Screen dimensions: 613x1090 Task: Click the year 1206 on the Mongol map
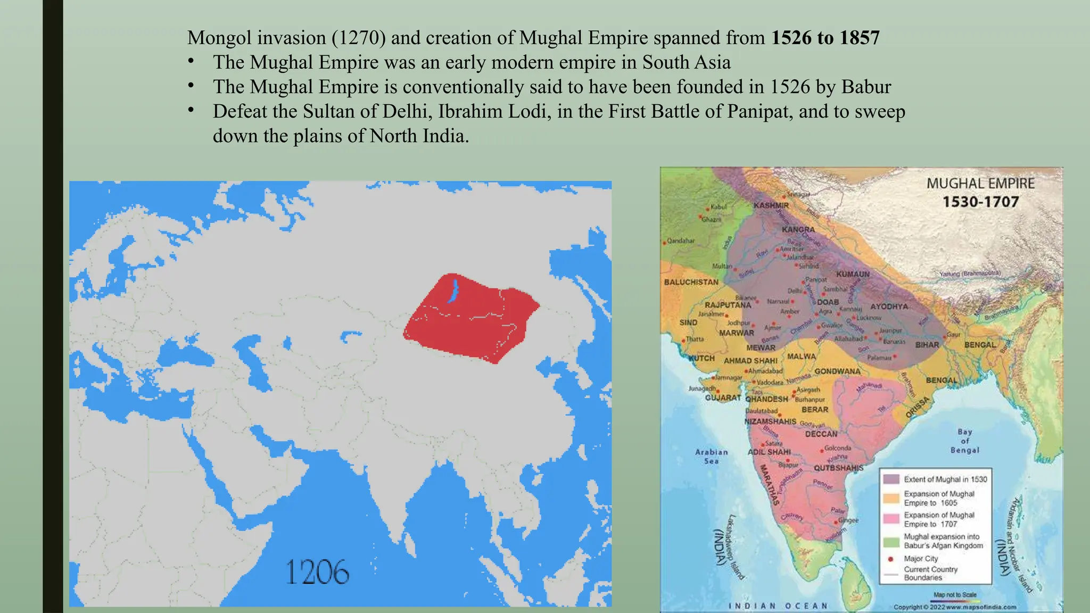click(x=317, y=572)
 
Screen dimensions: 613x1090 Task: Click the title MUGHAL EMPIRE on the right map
click(x=980, y=184)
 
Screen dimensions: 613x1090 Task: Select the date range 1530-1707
click(x=980, y=202)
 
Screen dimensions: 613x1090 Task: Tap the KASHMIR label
click(x=771, y=205)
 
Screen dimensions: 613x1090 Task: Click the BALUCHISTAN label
click(x=691, y=282)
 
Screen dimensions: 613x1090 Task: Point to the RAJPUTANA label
click(x=728, y=305)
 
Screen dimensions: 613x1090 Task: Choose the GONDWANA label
click(x=837, y=371)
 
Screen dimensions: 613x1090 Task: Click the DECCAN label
click(x=821, y=434)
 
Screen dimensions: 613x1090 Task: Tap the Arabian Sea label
click(x=711, y=457)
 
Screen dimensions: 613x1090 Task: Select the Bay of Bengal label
click(x=964, y=441)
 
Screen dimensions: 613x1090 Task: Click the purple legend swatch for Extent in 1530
click(x=891, y=479)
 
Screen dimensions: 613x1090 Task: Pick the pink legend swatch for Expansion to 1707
click(x=891, y=519)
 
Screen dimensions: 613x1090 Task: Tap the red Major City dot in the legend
click(x=890, y=559)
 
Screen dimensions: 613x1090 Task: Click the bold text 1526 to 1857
click(x=825, y=38)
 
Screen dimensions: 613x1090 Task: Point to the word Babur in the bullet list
click(x=866, y=87)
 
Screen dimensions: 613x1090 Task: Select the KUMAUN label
click(x=853, y=274)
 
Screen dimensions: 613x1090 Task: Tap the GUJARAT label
click(x=723, y=397)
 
